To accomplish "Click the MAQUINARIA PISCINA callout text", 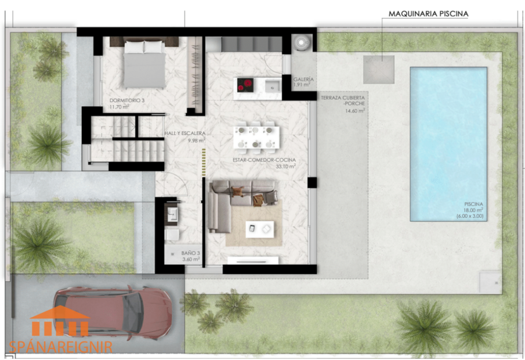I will point(428,13).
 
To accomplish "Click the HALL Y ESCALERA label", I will point(185,136).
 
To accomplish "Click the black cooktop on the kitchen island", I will point(246,85).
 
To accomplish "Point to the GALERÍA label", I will point(303,81).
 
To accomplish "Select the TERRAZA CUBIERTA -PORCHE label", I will point(343,104).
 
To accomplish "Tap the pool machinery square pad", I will point(378,69).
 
